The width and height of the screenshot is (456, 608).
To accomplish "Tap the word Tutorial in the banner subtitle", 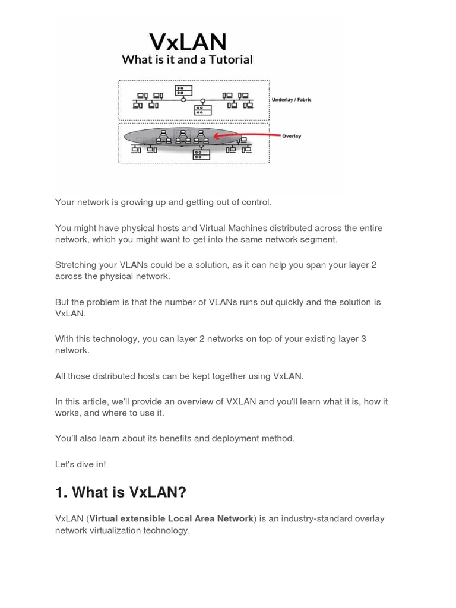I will pyautogui.click(x=229, y=59).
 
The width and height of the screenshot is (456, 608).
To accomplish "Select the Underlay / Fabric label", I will pyautogui.click(x=291, y=100).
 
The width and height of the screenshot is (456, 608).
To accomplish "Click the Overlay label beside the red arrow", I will pyautogui.click(x=291, y=136).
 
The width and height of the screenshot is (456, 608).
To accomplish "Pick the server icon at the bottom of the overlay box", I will pyautogui.click(x=201, y=154).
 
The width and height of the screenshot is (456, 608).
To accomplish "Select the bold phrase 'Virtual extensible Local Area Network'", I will pyautogui.click(x=171, y=518).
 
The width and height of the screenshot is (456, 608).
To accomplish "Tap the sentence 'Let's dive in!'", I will pyautogui.click(x=80, y=464).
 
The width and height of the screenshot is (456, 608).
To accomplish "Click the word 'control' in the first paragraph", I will pyautogui.click(x=254, y=202).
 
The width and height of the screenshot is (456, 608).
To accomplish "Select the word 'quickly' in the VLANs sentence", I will pyautogui.click(x=303, y=302).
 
